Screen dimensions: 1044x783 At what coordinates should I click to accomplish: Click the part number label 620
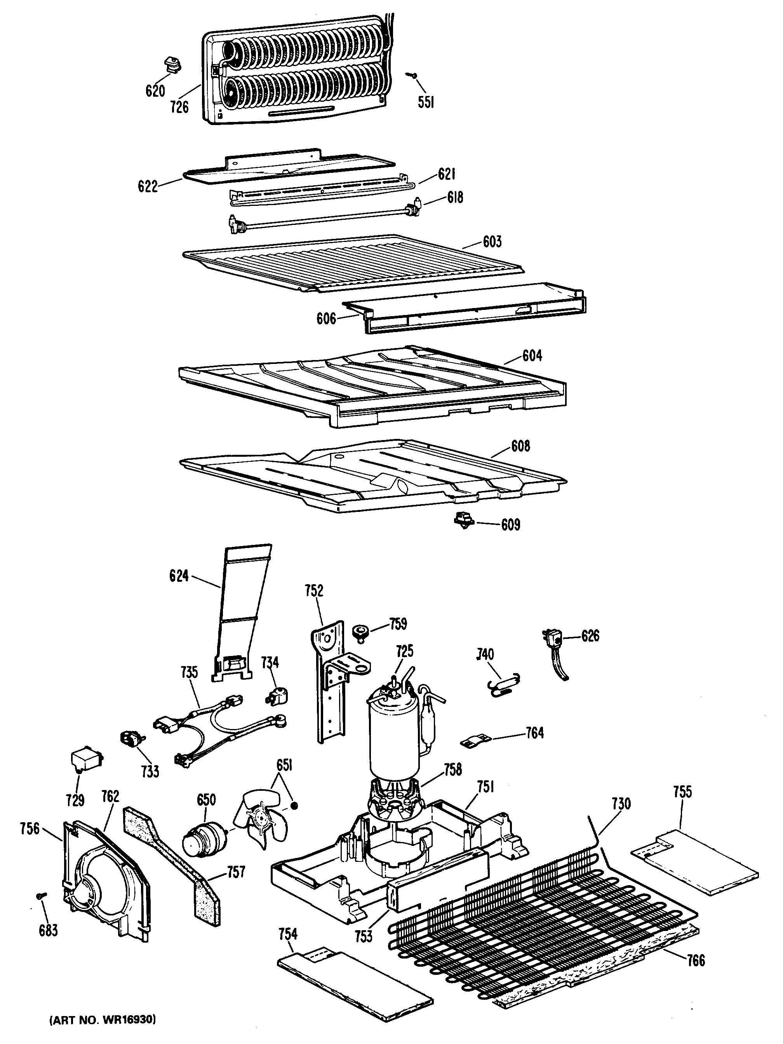point(155,90)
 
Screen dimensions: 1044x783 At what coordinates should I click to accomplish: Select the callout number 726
point(179,108)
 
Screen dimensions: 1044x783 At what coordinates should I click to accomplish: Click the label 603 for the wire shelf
point(492,242)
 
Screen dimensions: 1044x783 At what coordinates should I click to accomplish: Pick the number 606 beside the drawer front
point(326,318)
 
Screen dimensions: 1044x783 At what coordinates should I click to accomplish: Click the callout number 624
point(179,576)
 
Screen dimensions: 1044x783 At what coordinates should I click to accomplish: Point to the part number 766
point(696,960)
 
